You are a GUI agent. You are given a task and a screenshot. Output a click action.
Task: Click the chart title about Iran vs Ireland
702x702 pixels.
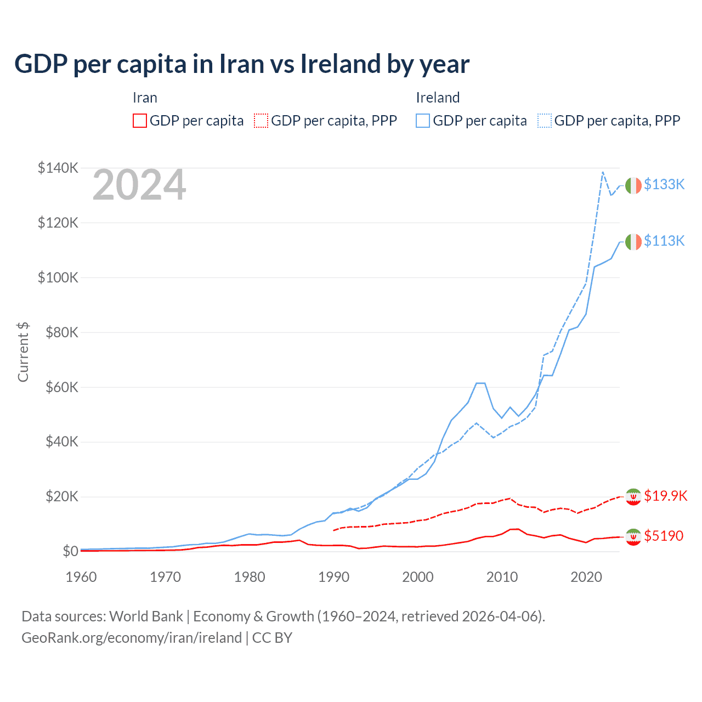242,64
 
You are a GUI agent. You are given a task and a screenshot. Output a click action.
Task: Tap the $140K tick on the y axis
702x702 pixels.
58,168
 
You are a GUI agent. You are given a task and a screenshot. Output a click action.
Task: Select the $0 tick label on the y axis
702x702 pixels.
70,551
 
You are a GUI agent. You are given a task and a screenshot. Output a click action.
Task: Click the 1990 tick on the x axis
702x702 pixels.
333,577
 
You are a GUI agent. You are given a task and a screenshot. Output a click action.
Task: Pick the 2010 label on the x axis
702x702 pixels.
502,577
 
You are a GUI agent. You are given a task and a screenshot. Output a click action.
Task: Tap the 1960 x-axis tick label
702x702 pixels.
81,577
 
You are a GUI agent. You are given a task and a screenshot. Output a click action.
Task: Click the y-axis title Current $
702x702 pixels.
23,352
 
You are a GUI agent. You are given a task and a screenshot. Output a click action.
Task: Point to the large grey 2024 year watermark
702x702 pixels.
139,185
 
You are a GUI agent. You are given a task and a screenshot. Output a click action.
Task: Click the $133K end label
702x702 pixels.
664,184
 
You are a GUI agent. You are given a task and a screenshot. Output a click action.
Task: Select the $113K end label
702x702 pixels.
664,241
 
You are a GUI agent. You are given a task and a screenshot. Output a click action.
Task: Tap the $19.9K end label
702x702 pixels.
665,496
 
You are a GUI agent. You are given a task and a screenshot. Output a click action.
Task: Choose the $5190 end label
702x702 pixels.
664,536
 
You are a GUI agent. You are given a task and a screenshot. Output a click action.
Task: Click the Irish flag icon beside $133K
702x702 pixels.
633,185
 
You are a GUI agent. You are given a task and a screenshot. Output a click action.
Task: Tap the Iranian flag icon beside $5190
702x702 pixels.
633,537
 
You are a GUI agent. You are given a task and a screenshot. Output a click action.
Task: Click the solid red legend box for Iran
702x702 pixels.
140,121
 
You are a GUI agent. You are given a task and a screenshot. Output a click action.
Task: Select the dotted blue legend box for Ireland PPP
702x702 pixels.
545,121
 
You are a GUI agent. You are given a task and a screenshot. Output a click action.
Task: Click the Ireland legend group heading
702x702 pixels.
438,98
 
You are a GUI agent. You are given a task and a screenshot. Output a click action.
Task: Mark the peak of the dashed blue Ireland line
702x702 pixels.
603,172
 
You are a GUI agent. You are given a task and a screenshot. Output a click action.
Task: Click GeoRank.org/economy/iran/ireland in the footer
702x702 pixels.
132,638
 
